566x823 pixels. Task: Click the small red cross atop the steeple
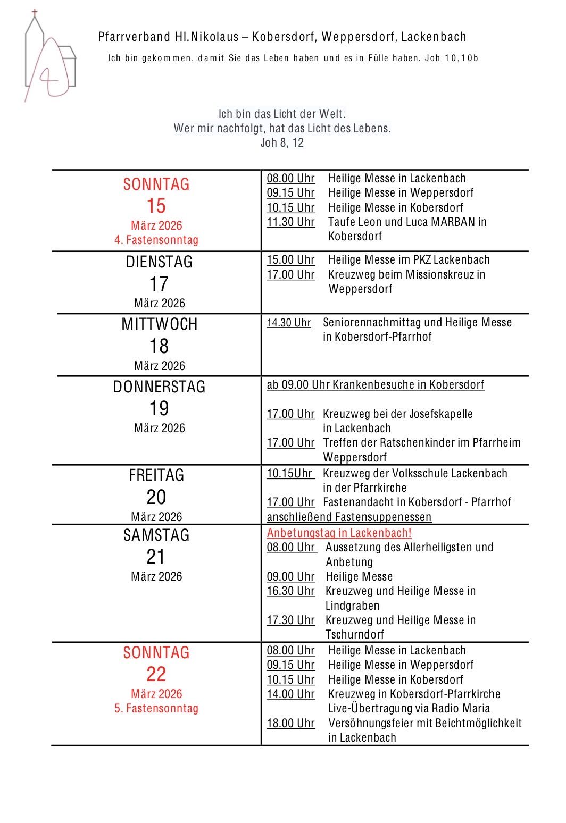click(x=35, y=12)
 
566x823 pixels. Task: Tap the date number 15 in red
click(x=156, y=206)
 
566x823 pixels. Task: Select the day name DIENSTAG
click(x=159, y=262)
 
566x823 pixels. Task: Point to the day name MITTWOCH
click(x=159, y=324)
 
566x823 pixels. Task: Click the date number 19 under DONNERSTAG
click(x=159, y=408)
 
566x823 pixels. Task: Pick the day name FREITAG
click(x=156, y=475)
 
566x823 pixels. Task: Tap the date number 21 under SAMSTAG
click(x=156, y=557)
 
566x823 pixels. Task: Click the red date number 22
click(x=156, y=674)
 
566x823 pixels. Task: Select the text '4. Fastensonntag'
click(x=156, y=240)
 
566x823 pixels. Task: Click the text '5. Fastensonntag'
click(x=156, y=708)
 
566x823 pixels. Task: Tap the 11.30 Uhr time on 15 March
click(x=290, y=222)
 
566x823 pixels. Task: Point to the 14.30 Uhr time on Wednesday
click(x=288, y=323)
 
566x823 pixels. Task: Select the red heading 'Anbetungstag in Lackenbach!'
click(x=339, y=533)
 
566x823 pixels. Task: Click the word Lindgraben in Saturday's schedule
click(x=352, y=606)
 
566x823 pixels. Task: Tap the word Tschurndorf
click(x=354, y=634)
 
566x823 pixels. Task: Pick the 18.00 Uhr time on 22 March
click(x=290, y=723)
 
